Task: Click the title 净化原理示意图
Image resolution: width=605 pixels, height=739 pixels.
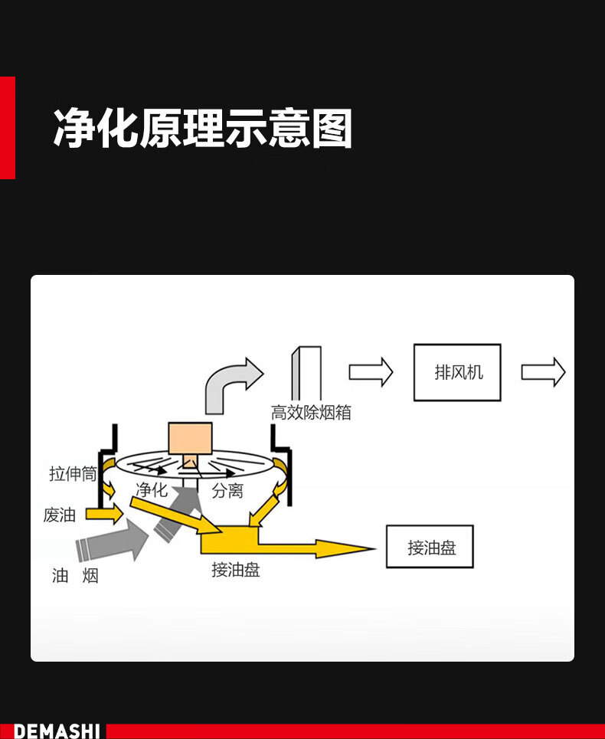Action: click(x=203, y=128)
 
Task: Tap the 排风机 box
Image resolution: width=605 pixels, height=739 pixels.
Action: click(x=457, y=372)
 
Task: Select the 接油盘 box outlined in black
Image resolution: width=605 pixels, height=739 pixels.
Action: click(x=430, y=547)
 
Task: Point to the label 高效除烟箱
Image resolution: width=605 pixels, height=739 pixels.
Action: click(x=311, y=413)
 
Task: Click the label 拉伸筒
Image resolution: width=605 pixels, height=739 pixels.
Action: click(x=73, y=474)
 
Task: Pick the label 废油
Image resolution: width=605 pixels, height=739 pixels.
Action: click(x=60, y=515)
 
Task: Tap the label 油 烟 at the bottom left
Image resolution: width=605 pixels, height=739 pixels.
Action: click(x=75, y=575)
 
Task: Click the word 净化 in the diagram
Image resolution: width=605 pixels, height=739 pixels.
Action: click(x=152, y=490)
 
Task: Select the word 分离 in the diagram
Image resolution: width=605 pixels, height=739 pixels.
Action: click(x=227, y=491)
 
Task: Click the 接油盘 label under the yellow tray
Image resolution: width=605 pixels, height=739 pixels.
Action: click(x=236, y=570)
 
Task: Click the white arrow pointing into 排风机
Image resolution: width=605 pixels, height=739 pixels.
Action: click(x=371, y=372)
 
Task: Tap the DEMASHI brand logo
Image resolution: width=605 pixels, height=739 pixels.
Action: click(x=57, y=731)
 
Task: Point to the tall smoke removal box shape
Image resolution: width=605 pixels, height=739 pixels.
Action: click(x=306, y=374)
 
